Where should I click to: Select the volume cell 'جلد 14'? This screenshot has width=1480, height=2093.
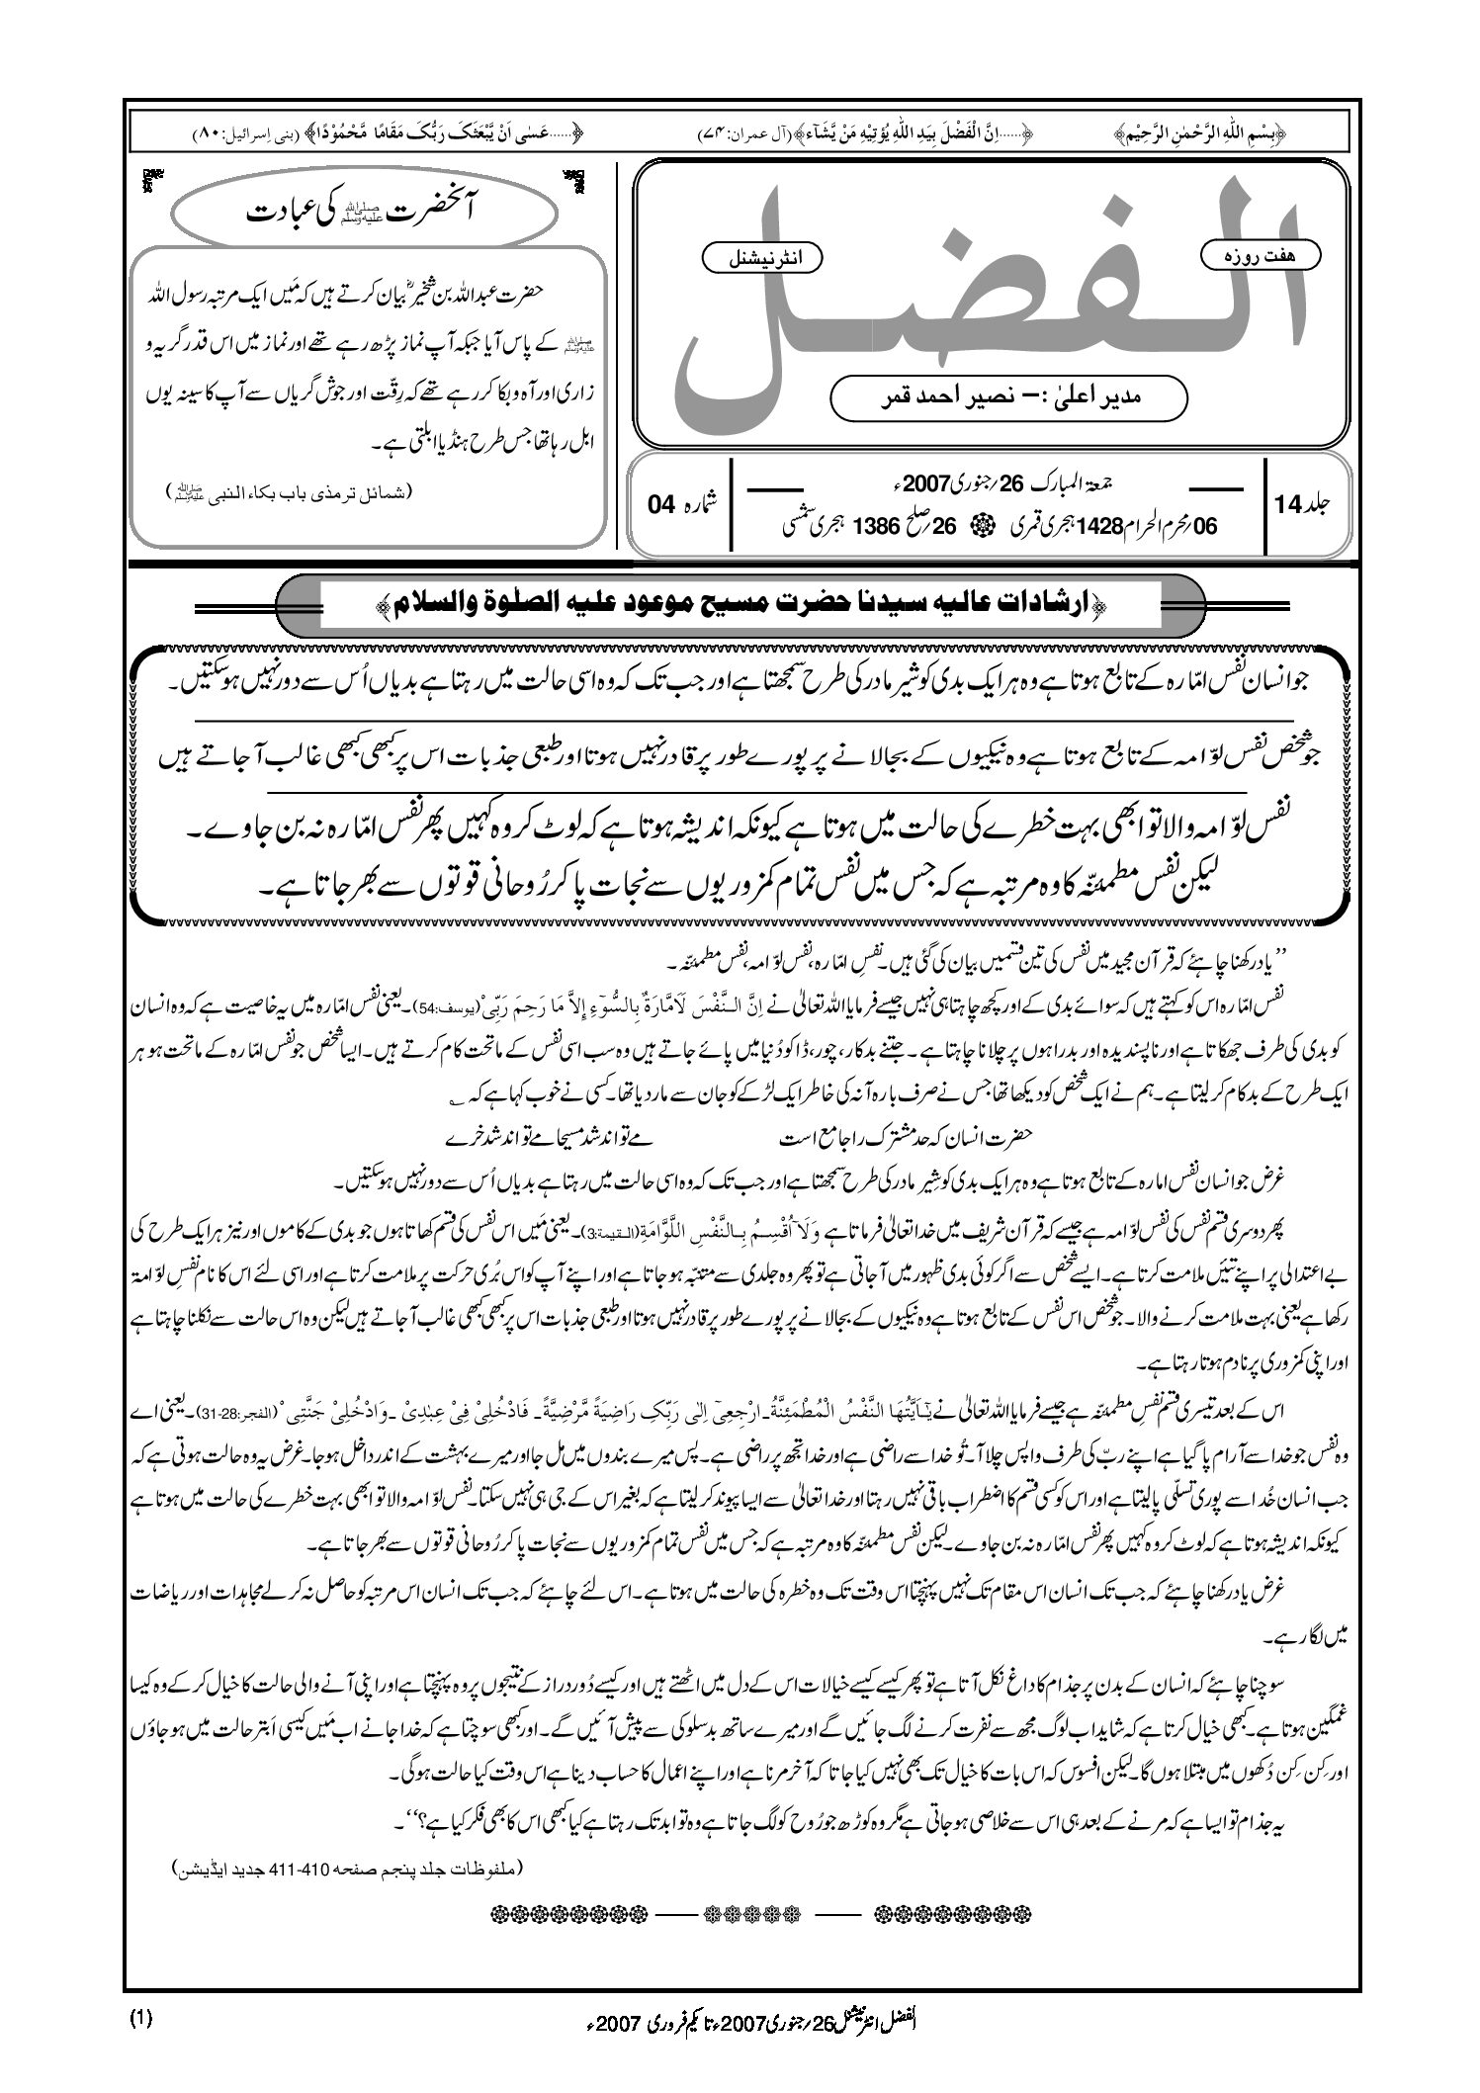(x=1304, y=503)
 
